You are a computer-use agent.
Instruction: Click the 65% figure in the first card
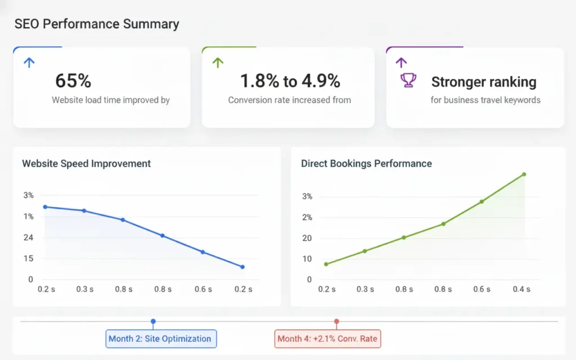(73, 81)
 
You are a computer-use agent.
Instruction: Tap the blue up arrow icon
(29, 62)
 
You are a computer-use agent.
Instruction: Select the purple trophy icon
(408, 81)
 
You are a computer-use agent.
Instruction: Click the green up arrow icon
(218, 62)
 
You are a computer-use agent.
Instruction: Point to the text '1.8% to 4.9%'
(290, 81)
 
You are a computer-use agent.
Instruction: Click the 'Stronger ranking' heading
(483, 82)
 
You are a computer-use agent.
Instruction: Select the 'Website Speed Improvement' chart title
(87, 164)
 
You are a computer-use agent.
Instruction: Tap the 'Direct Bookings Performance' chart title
(366, 164)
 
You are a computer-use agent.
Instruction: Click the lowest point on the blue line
(242, 267)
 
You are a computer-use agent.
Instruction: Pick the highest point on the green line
(524, 174)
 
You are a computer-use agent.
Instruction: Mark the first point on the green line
(326, 264)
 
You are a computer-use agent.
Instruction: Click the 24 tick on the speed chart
(28, 237)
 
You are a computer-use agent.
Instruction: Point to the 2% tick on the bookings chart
(307, 217)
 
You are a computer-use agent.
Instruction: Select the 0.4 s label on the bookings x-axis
(521, 289)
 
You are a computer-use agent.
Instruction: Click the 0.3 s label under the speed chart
(85, 289)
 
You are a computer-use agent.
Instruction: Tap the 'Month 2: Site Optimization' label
(160, 339)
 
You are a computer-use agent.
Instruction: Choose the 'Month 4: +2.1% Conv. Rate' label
(327, 339)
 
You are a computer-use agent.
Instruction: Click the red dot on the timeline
(336, 322)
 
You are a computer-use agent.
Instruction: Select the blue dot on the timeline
(153, 321)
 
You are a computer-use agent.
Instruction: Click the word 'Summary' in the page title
(153, 24)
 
